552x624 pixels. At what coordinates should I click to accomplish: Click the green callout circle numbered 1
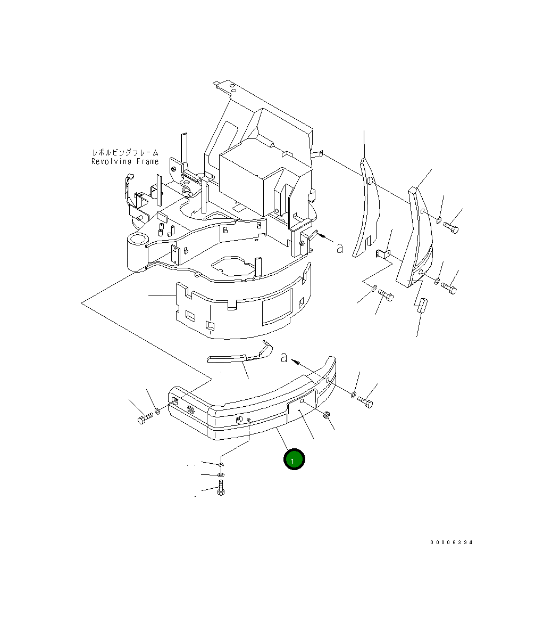(294, 459)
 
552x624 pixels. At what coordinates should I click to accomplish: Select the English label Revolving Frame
(125, 162)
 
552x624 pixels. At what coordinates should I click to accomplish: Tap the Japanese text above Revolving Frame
(125, 153)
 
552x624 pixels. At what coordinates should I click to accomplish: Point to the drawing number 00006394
(451, 543)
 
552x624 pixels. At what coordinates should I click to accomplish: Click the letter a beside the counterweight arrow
(285, 357)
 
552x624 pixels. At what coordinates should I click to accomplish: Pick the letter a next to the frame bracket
(339, 248)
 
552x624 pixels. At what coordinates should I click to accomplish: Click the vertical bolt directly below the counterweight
(221, 489)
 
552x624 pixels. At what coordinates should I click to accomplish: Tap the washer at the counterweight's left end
(157, 410)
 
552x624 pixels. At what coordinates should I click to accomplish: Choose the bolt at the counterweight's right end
(365, 401)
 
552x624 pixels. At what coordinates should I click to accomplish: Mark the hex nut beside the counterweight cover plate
(327, 415)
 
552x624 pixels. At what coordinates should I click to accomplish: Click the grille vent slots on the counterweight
(190, 409)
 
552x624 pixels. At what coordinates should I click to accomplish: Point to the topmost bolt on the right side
(451, 228)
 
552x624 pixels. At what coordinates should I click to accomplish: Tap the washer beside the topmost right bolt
(438, 220)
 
